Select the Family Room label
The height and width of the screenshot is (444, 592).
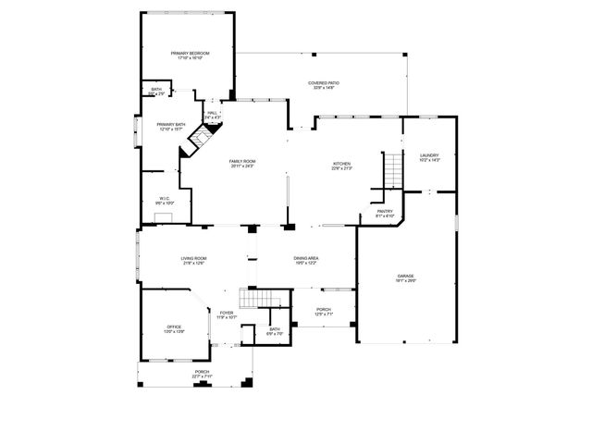click(242, 164)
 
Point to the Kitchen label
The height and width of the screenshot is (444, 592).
click(342, 166)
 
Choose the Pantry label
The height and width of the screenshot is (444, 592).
click(385, 213)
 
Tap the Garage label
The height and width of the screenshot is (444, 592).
click(406, 277)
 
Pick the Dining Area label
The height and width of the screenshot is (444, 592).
click(306, 260)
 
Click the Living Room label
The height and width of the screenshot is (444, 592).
click(193, 260)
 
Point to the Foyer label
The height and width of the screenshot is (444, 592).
click(227, 314)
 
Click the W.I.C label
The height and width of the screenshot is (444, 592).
click(164, 200)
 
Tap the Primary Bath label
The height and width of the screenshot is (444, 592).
click(170, 127)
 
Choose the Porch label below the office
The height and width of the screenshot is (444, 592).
click(202, 375)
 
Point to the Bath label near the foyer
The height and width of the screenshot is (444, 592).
click(275, 331)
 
